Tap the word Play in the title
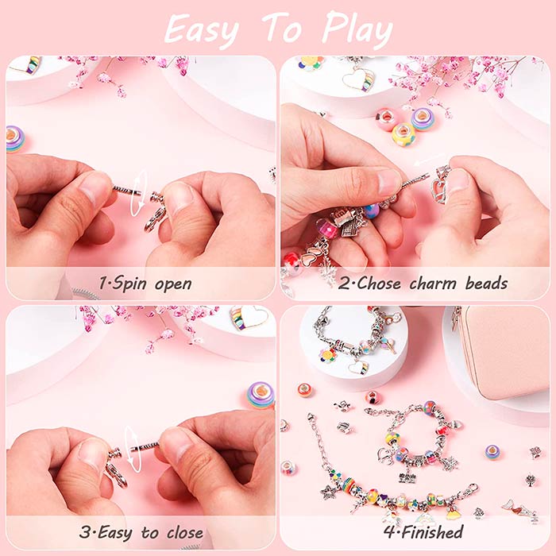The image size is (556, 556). (x=357, y=30)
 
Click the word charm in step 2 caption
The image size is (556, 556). (x=434, y=284)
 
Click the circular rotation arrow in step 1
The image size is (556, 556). (x=138, y=192)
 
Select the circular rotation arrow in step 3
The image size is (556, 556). (x=132, y=450)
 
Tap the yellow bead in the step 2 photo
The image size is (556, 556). (x=403, y=133)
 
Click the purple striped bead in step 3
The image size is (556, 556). (x=261, y=396)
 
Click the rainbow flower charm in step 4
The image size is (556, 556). (x=327, y=355)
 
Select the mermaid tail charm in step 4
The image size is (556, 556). (x=519, y=508)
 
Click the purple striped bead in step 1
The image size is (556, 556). (x=15, y=139)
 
